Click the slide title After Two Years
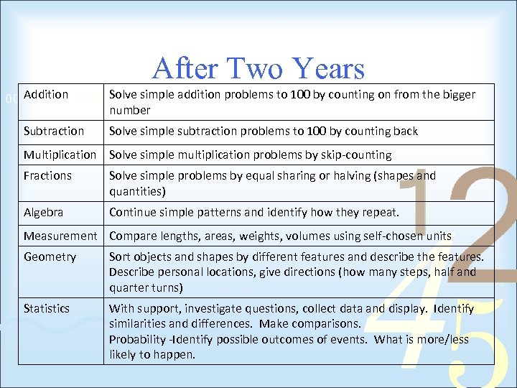pos(258,69)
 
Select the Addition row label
pos(46,94)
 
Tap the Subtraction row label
pos(54,131)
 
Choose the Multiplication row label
pos(60,154)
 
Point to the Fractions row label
pos(48,175)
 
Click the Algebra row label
pos(44,212)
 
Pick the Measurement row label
pos(60,236)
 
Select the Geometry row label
pos(50,257)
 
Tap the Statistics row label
pos(47,308)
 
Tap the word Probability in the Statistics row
pos(138,339)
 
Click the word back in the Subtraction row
pos(405,131)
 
